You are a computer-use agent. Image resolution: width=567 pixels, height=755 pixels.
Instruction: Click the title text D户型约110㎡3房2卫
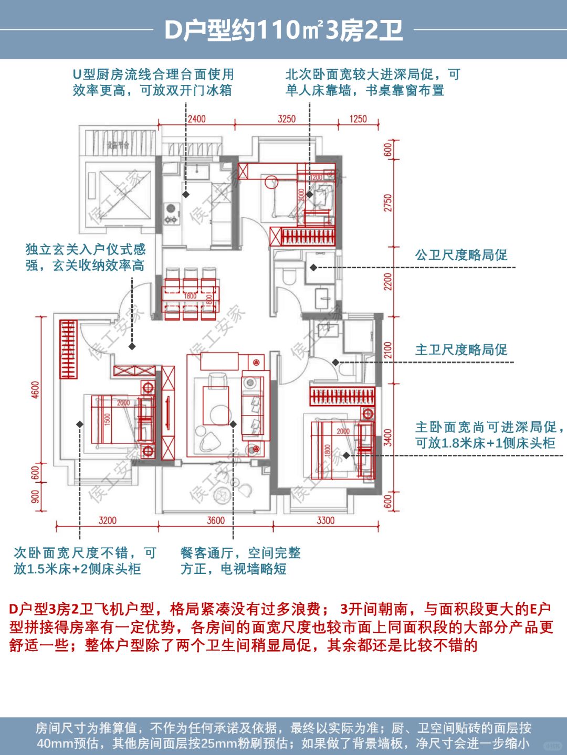click(283, 30)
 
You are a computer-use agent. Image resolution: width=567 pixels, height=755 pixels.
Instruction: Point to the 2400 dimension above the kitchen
click(196, 119)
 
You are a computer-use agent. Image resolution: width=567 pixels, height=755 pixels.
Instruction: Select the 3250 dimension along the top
click(287, 119)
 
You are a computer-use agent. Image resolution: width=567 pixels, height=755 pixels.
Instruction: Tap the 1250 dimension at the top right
click(358, 119)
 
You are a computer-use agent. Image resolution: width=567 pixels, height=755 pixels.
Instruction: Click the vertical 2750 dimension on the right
click(388, 203)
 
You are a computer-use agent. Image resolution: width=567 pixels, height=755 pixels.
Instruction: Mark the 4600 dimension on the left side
click(35, 390)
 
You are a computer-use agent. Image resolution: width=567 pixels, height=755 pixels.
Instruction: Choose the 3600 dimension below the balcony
click(216, 520)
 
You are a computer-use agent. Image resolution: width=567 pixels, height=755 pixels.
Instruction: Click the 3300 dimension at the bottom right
click(325, 520)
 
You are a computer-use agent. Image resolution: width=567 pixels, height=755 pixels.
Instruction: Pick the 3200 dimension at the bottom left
click(108, 520)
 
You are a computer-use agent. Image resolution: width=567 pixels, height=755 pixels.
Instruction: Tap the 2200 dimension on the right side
click(388, 282)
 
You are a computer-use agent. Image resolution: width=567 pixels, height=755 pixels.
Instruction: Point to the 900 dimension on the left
click(35, 496)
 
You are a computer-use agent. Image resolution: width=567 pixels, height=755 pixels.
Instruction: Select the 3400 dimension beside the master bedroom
click(388, 437)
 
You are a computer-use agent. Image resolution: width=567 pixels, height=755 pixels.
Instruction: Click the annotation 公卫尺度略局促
click(461, 256)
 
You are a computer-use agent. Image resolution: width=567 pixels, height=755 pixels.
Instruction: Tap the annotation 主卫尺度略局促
click(461, 350)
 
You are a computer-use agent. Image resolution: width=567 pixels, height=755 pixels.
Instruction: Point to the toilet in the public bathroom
click(288, 276)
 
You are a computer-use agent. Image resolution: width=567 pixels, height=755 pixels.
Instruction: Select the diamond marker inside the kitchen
click(186, 194)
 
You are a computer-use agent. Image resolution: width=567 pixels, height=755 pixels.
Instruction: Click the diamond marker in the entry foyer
click(132, 346)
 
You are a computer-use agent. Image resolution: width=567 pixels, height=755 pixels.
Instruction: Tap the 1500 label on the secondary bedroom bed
click(108, 420)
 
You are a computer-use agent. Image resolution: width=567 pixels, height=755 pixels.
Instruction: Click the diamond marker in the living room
click(233, 424)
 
